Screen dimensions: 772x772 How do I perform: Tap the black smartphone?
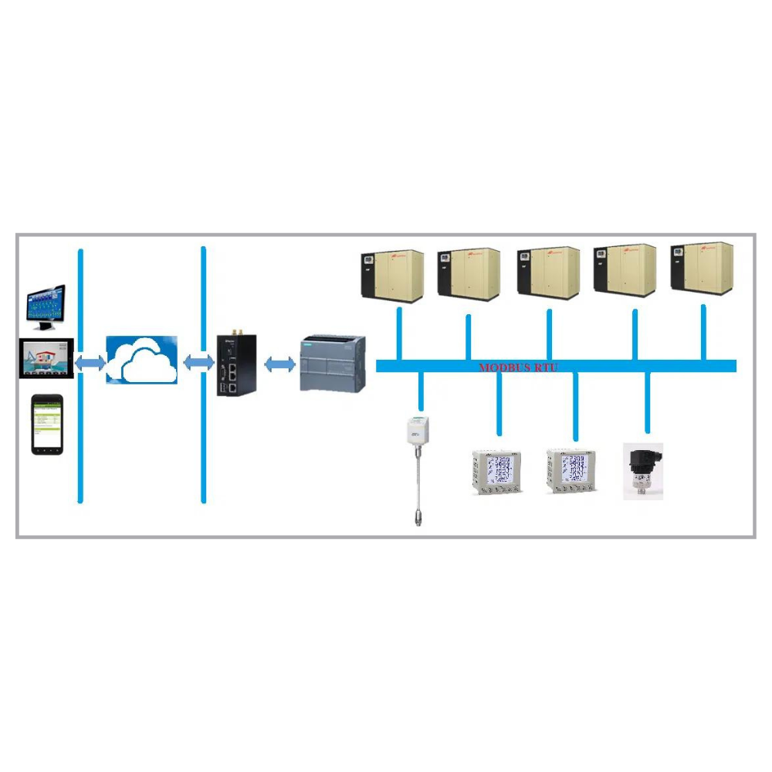(x=46, y=425)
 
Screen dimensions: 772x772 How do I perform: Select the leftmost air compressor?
(x=393, y=275)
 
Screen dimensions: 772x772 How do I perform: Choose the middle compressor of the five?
(x=548, y=273)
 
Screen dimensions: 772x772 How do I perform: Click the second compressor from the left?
(x=469, y=274)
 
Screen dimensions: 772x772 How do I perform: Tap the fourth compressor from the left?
(x=625, y=270)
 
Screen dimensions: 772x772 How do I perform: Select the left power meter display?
(x=496, y=472)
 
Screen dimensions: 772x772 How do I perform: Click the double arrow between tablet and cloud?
(x=90, y=361)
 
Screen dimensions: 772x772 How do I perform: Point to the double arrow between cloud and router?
(x=198, y=361)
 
